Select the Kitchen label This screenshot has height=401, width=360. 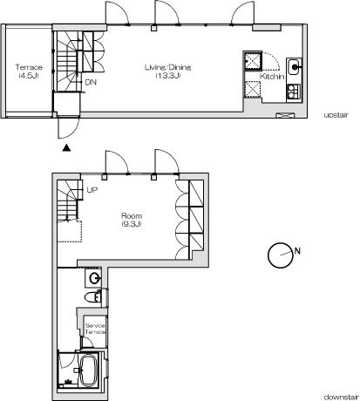pyautogui.click(x=272, y=77)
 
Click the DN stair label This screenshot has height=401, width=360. pyautogui.click(x=91, y=82)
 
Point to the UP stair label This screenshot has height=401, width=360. pyautogui.click(x=92, y=190)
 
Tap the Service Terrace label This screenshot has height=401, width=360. pyautogui.click(x=95, y=329)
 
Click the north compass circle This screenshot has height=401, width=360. pyautogui.click(x=280, y=255)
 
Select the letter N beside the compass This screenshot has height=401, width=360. pyautogui.click(x=297, y=250)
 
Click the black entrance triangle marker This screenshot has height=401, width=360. pyautogui.click(x=66, y=148)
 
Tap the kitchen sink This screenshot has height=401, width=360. pyautogui.click(x=295, y=67)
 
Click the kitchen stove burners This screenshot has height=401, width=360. pyautogui.click(x=294, y=92)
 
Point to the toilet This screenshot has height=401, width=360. pyautogui.click(x=92, y=297)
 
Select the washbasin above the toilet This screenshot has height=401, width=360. pyautogui.click(x=93, y=278)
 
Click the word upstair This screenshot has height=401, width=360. pyautogui.click(x=336, y=115)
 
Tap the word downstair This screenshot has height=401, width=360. pyautogui.click(x=342, y=397)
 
